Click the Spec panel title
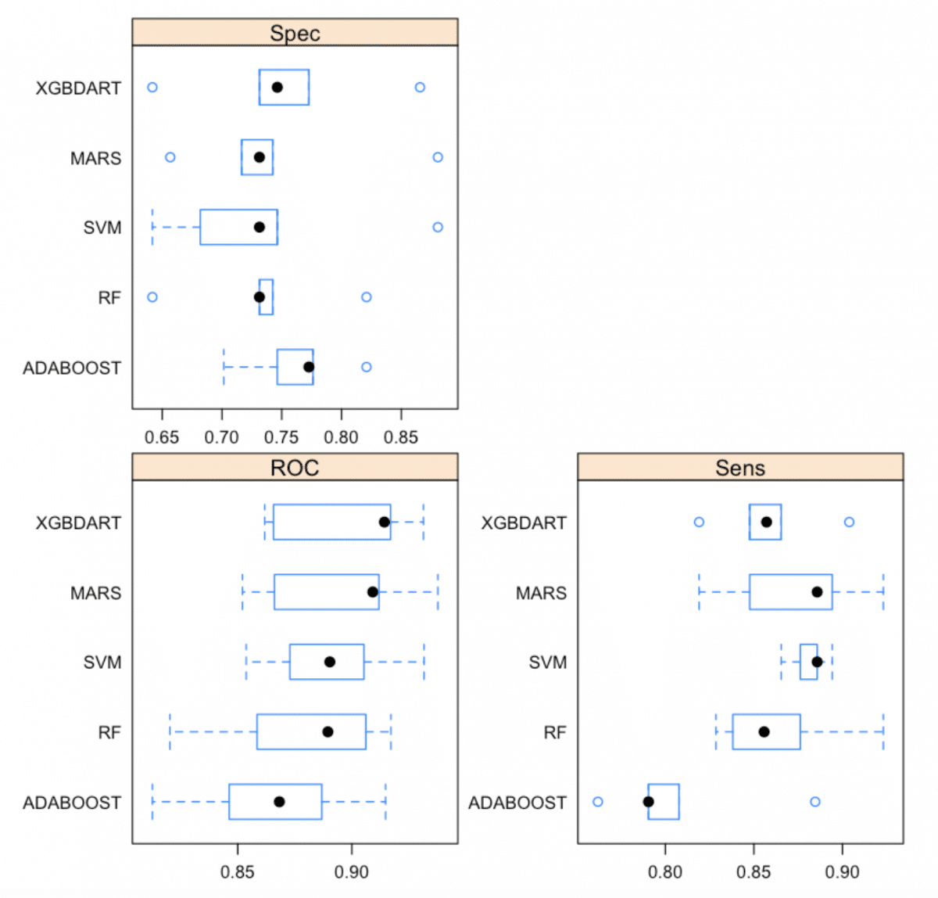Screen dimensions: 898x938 (295, 33)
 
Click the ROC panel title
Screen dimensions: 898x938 (295, 468)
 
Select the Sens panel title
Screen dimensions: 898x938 (739, 468)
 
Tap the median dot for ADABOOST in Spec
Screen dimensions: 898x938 (309, 367)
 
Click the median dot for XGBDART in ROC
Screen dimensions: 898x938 (384, 522)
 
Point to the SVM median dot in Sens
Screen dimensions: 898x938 (817, 662)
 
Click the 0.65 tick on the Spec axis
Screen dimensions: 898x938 (162, 436)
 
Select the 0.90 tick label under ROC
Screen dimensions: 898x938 (352, 871)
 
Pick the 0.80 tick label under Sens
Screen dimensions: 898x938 (665, 871)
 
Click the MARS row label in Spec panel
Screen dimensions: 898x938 (96, 158)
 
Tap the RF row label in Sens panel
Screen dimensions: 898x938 (554, 733)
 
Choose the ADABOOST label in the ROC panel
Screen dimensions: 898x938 (72, 803)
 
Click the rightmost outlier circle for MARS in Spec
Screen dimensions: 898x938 (438, 157)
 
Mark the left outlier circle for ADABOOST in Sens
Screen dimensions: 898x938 (598, 802)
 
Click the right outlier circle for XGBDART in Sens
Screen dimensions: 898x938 (849, 522)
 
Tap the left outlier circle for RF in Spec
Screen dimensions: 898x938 (152, 297)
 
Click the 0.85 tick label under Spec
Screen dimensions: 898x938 (401, 436)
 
